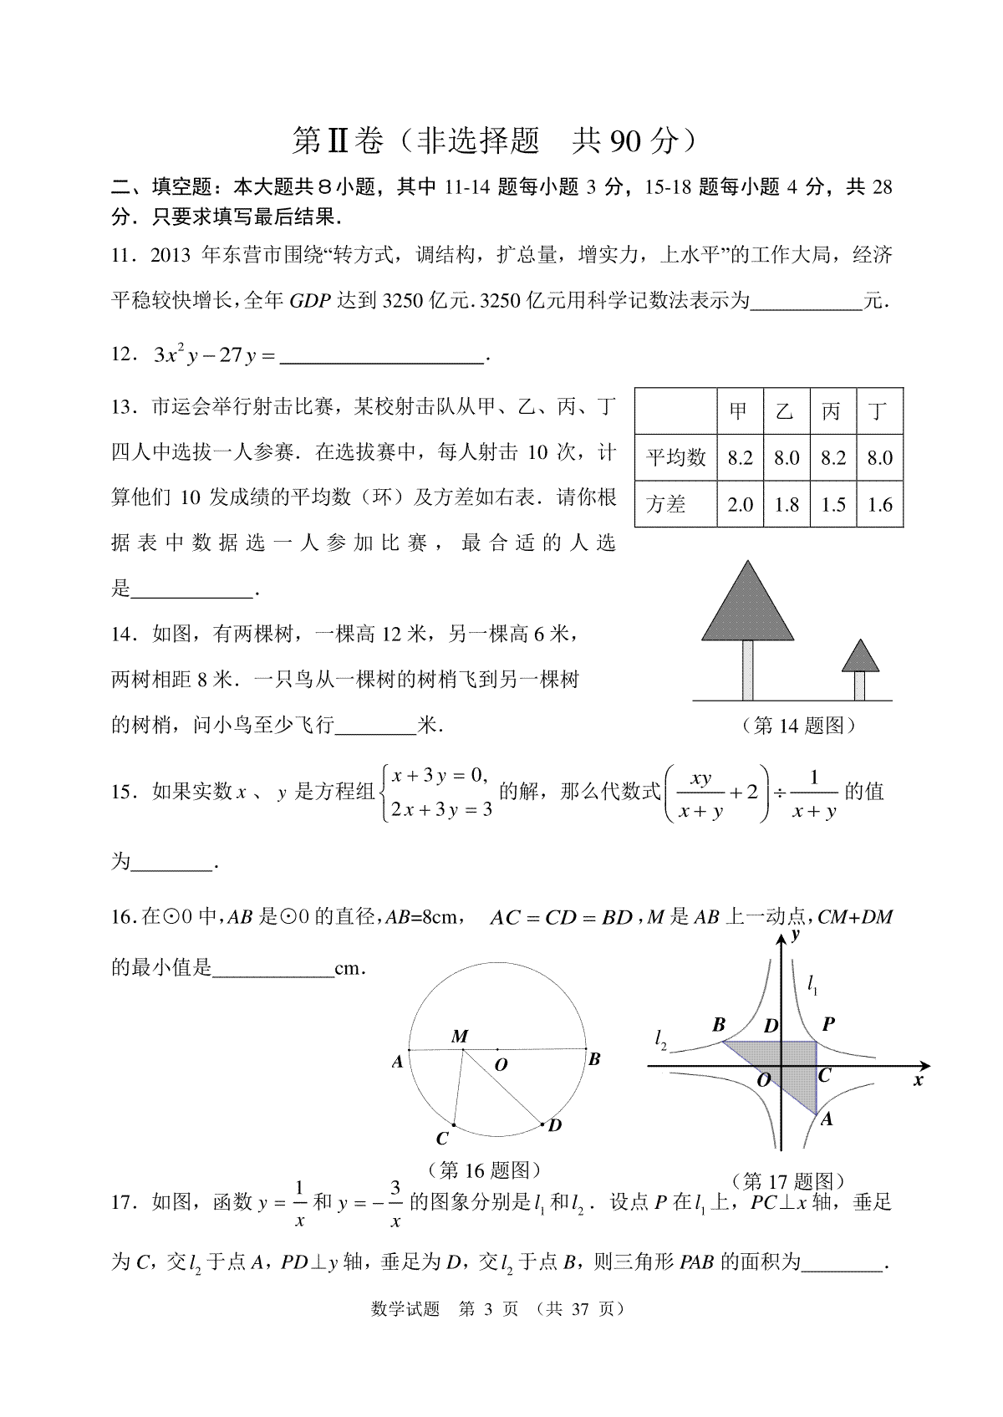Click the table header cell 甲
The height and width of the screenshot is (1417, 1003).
pyautogui.click(x=740, y=411)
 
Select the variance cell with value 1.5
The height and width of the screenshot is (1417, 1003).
pyautogui.click(x=833, y=505)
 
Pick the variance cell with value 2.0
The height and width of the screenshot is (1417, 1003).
pyautogui.click(x=740, y=505)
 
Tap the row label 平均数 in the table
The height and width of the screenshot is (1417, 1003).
pyautogui.click(x=676, y=458)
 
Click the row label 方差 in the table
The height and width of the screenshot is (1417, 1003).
pyautogui.click(x=666, y=505)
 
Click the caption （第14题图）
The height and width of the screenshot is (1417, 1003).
pyautogui.click(x=799, y=726)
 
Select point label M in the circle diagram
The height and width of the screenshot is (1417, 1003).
pyautogui.click(x=460, y=1037)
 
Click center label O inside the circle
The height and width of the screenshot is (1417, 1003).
pyautogui.click(x=501, y=1065)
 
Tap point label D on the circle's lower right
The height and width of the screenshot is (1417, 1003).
pyautogui.click(x=554, y=1125)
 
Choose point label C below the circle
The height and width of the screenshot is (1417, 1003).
pyautogui.click(x=442, y=1139)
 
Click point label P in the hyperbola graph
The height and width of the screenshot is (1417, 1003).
pyautogui.click(x=828, y=1024)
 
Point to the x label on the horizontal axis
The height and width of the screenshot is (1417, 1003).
pyautogui.click(x=918, y=1080)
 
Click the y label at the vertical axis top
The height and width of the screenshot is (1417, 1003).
pyautogui.click(x=797, y=933)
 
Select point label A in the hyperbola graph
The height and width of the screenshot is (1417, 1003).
pyautogui.click(x=827, y=1119)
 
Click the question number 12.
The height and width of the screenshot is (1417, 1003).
pyautogui.click(x=123, y=355)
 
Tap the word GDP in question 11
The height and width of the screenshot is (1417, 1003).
pyautogui.click(x=310, y=302)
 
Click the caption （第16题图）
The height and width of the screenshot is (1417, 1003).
pyautogui.click(x=484, y=1169)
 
